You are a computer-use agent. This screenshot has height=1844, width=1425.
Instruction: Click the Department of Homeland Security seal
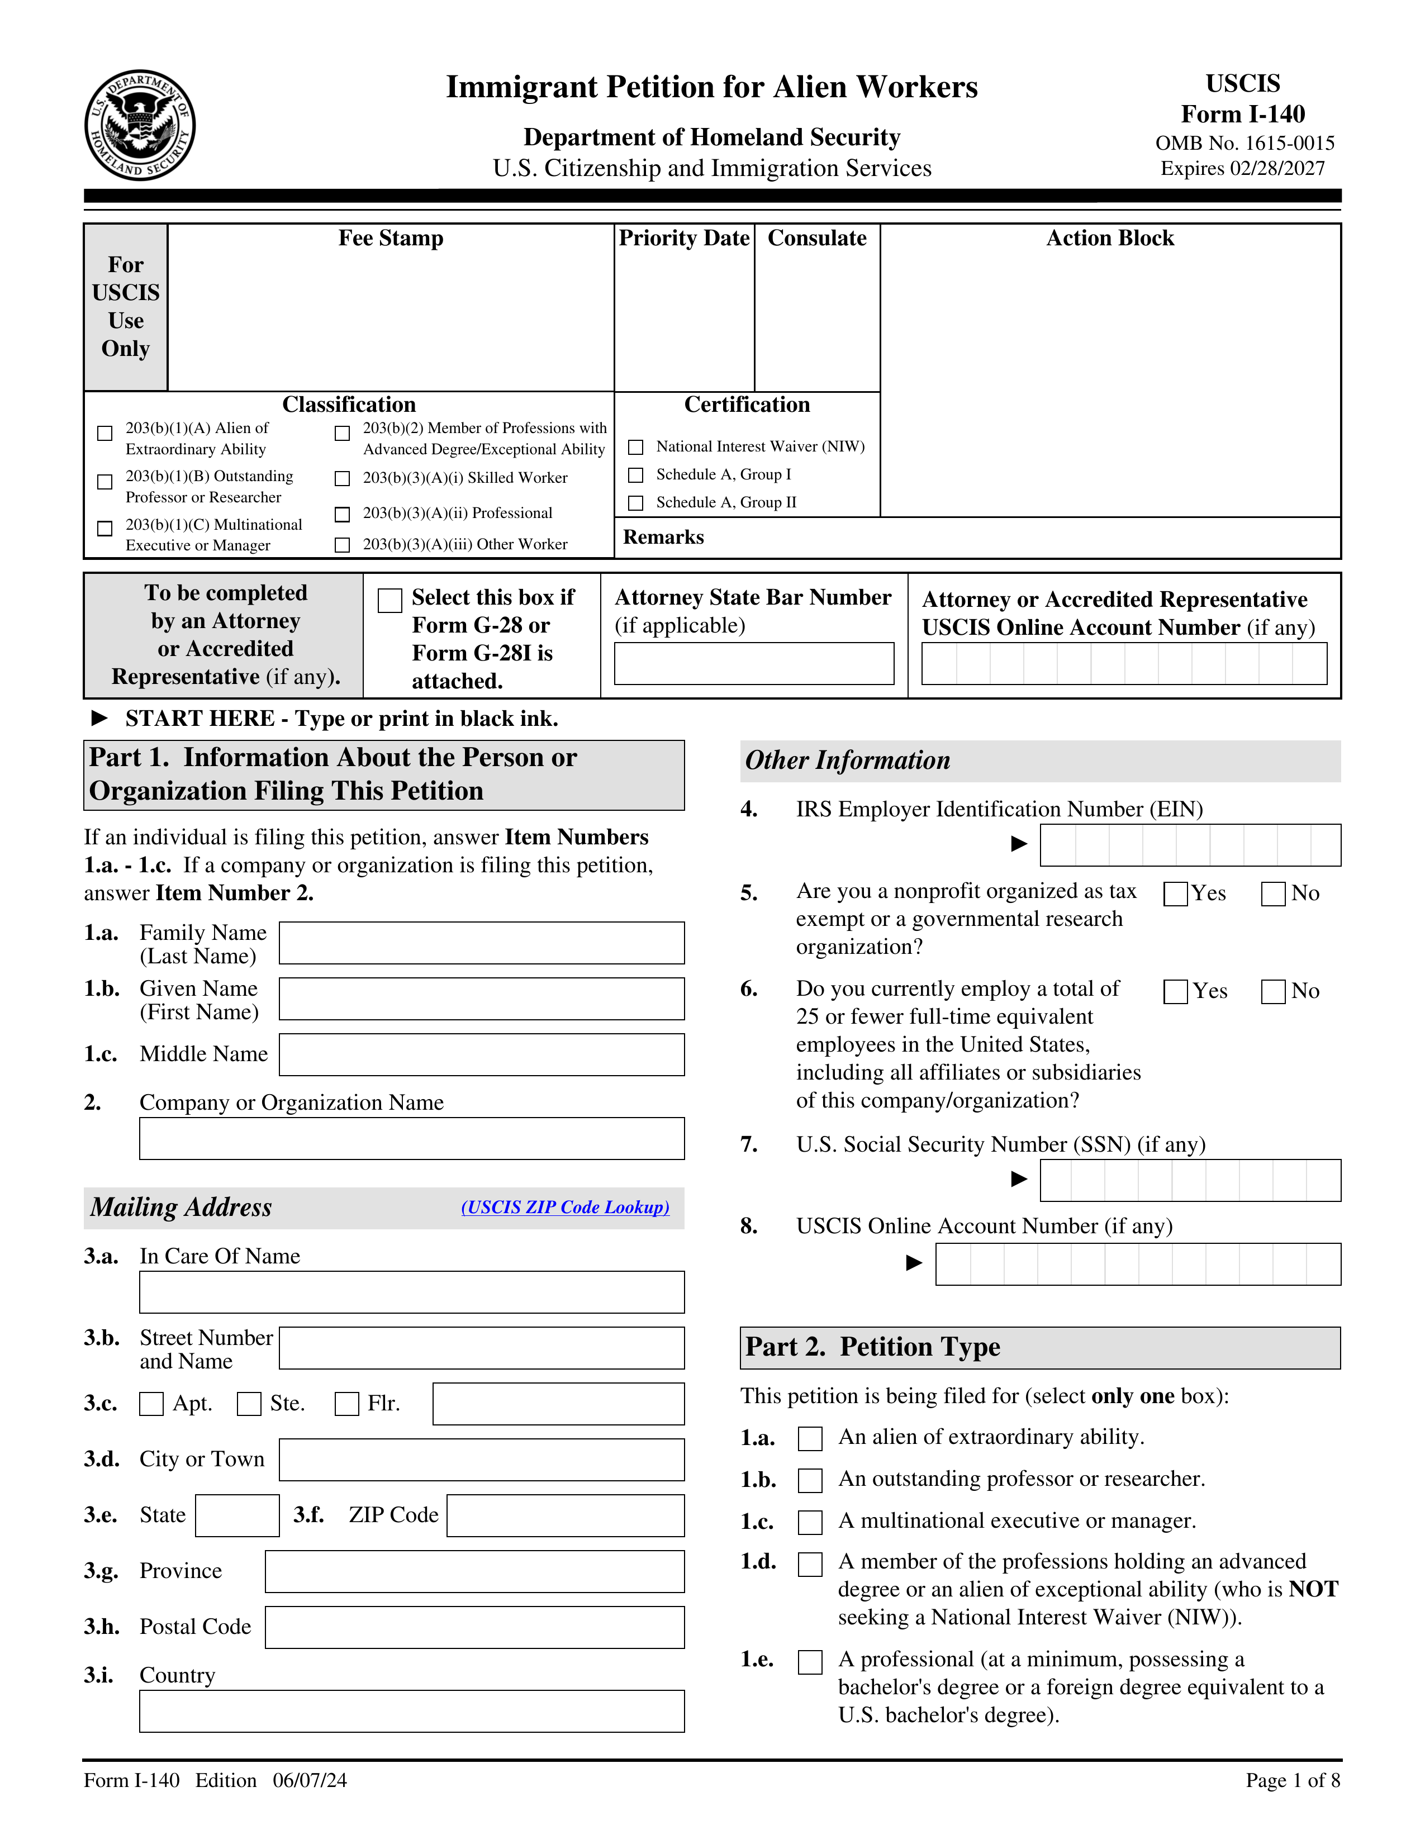[140, 125]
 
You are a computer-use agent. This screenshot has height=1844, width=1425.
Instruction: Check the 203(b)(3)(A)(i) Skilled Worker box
[342, 479]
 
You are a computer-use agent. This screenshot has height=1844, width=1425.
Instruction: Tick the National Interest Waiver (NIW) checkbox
[636, 446]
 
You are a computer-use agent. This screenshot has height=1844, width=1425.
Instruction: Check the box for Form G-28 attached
[389, 600]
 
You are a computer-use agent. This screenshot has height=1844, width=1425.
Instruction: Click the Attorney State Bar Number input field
[753, 664]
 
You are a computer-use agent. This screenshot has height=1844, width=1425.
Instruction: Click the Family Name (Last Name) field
[481, 943]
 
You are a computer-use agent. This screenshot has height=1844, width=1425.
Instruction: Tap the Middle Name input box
[481, 1054]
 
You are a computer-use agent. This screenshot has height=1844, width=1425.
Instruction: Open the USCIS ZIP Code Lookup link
[565, 1208]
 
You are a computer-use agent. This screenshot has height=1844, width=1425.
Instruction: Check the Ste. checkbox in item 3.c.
[249, 1404]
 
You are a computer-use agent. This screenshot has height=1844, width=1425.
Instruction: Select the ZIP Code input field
[565, 1515]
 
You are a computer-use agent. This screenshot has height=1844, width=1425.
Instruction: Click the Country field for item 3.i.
[411, 1712]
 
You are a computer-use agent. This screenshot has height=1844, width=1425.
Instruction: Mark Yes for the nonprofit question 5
[1175, 894]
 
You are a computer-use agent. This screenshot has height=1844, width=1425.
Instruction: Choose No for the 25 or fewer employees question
[1273, 991]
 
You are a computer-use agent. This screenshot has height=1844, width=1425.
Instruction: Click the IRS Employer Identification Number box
[1190, 845]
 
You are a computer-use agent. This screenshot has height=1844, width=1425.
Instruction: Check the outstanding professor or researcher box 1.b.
[810, 1480]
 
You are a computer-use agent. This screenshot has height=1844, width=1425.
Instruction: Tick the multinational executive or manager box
[810, 1522]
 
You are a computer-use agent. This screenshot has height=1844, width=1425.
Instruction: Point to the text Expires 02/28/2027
[1243, 169]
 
